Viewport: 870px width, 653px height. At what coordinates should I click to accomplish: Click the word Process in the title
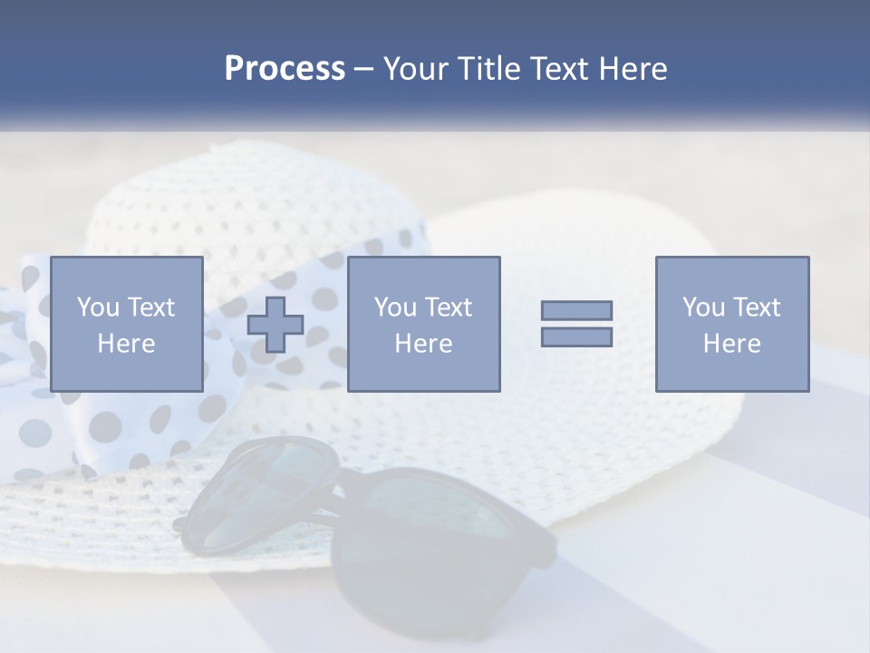pos(285,69)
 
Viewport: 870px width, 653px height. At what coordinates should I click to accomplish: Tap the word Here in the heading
pos(633,69)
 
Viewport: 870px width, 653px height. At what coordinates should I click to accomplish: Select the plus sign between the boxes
pos(275,324)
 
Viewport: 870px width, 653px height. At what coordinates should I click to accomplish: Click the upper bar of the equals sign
pos(576,310)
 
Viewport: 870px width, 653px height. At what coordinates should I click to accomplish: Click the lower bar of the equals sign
pos(576,337)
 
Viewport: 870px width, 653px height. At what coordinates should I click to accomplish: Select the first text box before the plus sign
pos(126,324)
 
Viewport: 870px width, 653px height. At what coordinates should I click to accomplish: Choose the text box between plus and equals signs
pos(423,324)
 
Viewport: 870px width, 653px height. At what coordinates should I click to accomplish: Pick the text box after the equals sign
pos(731,324)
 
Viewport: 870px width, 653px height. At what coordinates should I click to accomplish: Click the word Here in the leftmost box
pos(126,344)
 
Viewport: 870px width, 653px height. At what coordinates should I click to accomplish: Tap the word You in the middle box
pos(395,307)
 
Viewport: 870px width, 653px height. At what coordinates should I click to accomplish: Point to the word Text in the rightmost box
pos(756,307)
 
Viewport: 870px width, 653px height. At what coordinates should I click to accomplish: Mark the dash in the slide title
pos(363,69)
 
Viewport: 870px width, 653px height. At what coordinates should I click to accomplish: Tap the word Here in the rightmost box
pos(731,344)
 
